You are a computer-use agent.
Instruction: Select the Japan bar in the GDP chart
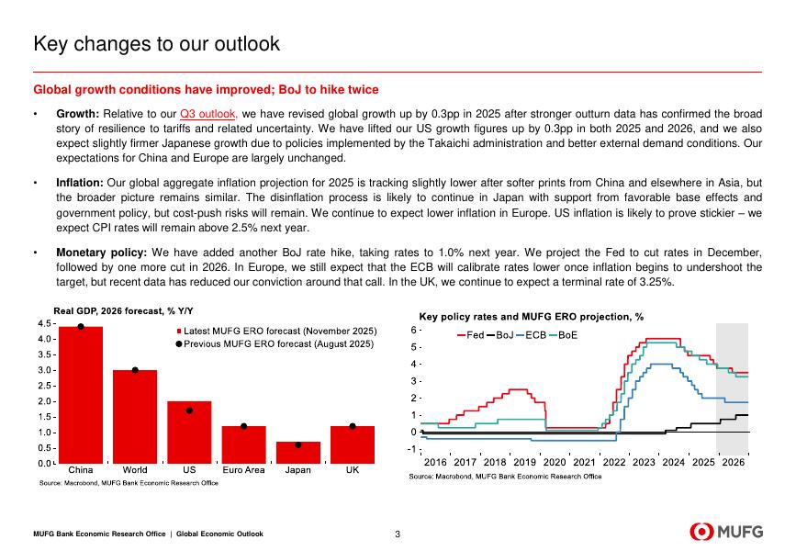tap(297, 453)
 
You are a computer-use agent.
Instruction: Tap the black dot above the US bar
tap(189, 410)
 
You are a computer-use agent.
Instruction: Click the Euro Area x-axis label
tap(243, 471)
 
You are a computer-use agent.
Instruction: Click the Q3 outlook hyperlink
tap(208, 114)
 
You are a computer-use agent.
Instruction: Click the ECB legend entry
tap(533, 334)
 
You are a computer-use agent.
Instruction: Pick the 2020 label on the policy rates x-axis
tap(555, 462)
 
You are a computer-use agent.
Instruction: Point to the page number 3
tap(397, 534)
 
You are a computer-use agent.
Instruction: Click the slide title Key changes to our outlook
tap(156, 44)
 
